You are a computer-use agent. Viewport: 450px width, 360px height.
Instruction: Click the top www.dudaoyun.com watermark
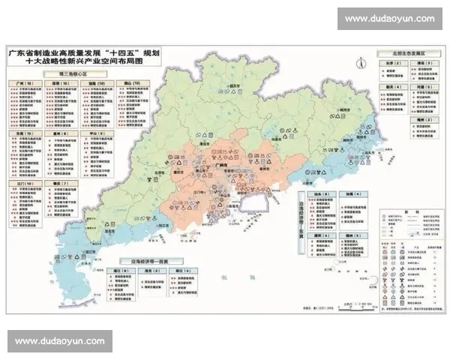[390, 18]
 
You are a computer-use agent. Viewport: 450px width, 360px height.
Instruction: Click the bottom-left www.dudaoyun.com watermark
[60, 341]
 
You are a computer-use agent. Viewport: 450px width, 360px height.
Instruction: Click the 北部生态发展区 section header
[408, 55]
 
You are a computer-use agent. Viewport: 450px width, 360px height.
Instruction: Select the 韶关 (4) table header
[391, 86]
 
